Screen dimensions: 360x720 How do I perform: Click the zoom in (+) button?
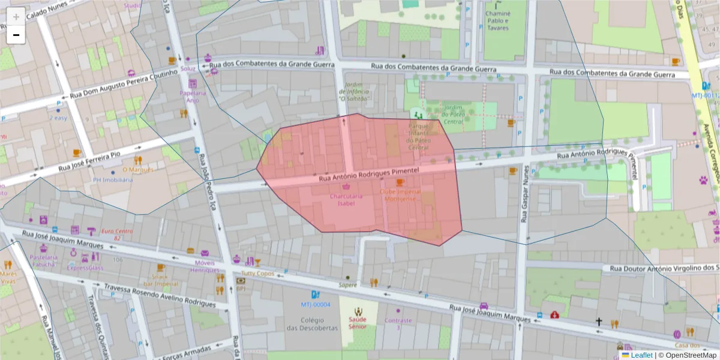16,17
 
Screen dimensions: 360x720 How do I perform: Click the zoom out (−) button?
16,35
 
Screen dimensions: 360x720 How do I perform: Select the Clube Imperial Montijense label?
400,195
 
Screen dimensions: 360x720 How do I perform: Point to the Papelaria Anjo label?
193,97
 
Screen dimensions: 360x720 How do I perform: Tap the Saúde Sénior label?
358,323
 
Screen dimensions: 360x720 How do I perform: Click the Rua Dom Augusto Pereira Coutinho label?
124,83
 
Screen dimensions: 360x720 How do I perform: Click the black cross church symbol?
598,322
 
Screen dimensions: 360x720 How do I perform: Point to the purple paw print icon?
703,179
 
